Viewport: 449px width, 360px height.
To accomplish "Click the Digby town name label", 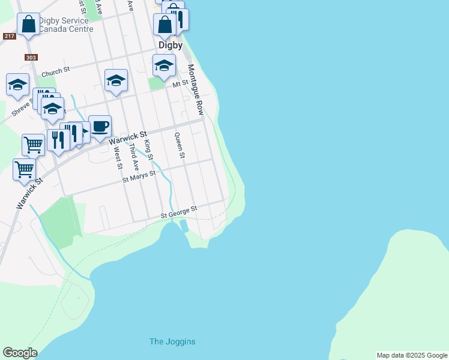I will (170, 45).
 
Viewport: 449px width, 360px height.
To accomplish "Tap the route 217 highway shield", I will (9, 37).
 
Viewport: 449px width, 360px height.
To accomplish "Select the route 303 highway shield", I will (31, 58).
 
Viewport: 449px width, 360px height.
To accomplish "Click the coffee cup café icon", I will (100, 127).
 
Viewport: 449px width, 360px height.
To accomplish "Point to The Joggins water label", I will (172, 341).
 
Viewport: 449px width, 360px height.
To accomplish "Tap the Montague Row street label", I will (196, 90).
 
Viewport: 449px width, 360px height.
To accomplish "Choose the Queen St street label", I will (179, 145).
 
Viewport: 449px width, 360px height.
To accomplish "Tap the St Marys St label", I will (139, 176).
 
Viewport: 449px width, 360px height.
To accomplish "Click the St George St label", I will (178, 212).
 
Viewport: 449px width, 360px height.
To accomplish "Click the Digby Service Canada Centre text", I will (66, 25).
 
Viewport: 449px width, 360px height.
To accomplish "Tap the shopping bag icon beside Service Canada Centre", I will (28, 25).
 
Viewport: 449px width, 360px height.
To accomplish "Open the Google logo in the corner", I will (20, 353).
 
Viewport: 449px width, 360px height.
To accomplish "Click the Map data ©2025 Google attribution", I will (412, 355).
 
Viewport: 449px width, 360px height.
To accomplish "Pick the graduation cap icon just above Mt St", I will (163, 66).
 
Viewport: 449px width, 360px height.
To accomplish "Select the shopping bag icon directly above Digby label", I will (164, 25).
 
